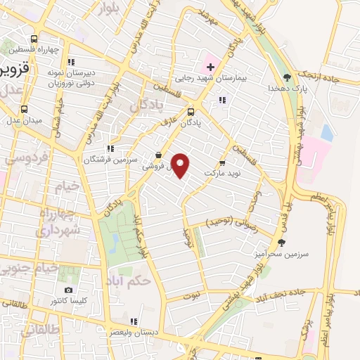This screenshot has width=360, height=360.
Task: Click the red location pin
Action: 181,165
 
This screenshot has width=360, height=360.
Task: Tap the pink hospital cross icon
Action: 210,67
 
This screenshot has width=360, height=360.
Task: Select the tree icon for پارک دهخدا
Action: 286,77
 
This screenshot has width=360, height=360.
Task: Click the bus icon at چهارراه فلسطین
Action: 34,39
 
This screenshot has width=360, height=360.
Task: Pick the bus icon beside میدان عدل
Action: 25,109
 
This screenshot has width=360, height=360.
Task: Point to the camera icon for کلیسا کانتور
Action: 68,290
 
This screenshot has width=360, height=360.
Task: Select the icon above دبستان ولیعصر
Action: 133,321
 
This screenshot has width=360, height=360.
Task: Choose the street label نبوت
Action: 190,293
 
